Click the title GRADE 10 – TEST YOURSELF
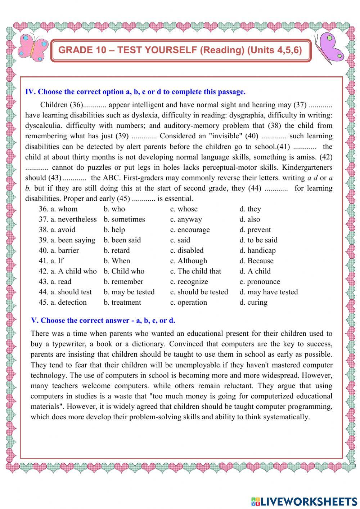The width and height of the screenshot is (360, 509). tap(180, 50)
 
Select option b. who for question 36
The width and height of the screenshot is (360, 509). tap(114, 209)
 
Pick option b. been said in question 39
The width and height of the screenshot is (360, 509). tap(122, 240)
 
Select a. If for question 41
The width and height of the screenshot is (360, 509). tap(57, 261)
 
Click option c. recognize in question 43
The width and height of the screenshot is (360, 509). tap(189, 282)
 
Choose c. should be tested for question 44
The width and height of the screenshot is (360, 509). tap(199, 292)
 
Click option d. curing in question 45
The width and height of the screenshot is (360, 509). tap(253, 303)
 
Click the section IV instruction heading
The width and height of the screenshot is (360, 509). tap(135, 92)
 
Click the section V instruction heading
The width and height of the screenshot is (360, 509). tap(103, 321)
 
